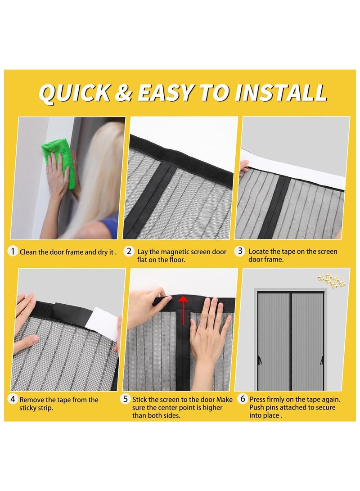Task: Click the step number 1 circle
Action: click(x=13, y=252)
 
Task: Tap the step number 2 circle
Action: click(x=129, y=252)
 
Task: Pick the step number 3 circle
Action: click(x=241, y=252)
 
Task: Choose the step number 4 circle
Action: click(x=13, y=399)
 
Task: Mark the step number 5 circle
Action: click(x=126, y=399)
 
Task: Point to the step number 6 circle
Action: click(x=243, y=399)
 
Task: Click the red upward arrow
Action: click(x=183, y=311)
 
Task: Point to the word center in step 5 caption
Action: click(x=173, y=408)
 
